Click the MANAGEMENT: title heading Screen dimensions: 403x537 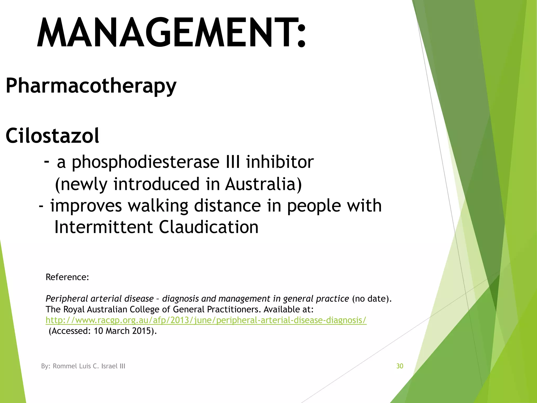coord(171,33)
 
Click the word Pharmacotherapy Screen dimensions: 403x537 coord(91,86)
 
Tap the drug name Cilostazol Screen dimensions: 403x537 coord(52,136)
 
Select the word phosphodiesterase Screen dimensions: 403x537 coord(146,162)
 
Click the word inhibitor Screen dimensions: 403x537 coord(280,162)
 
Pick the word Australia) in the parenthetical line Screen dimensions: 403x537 coord(264,184)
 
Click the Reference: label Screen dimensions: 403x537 coord(67,277)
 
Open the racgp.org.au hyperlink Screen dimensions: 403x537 coord(206,320)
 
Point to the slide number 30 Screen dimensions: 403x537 coord(400,366)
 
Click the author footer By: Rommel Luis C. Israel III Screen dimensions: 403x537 coord(83,366)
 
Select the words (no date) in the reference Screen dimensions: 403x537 coord(371,299)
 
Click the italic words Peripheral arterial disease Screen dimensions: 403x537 coord(100,299)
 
